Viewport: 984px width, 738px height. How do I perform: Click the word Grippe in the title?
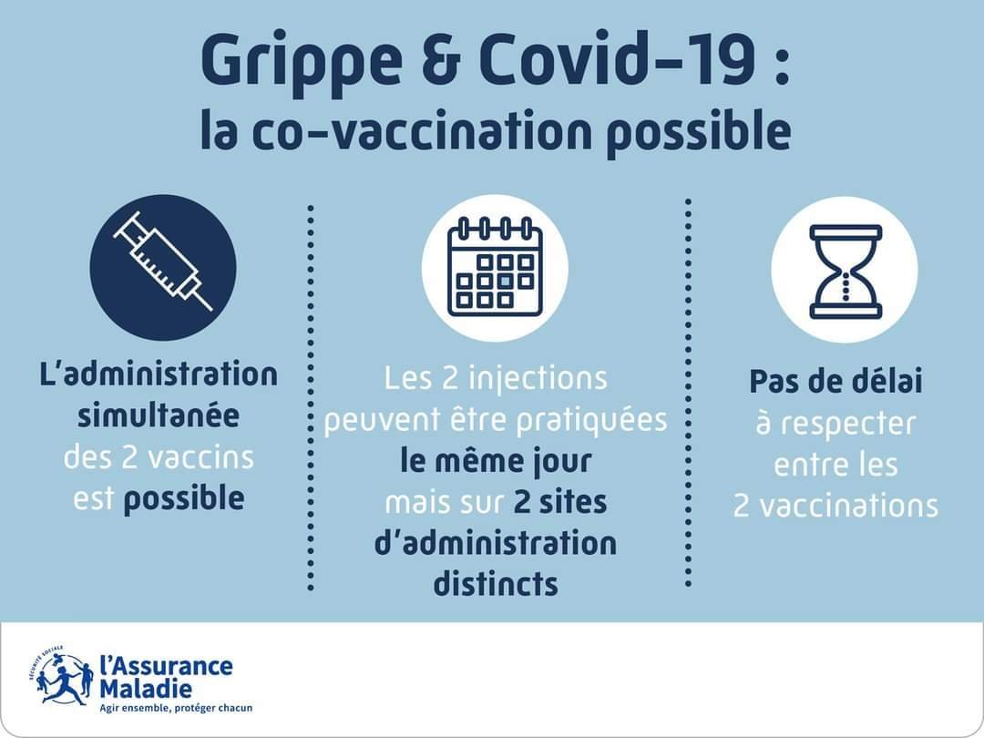[x=302, y=64]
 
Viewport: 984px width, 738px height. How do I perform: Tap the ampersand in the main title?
[x=441, y=59]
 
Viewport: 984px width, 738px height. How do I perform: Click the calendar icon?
[x=495, y=267]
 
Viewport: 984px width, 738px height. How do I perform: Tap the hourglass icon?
[x=845, y=272]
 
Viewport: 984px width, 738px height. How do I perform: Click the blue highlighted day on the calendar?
[x=505, y=281]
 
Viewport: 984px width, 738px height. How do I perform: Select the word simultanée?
[x=159, y=415]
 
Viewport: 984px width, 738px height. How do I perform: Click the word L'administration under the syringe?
[x=159, y=374]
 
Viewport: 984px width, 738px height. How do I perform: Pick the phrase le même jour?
[x=496, y=462]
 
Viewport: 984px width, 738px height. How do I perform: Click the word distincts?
[x=496, y=584]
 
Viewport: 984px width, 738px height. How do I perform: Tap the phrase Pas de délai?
[x=835, y=382]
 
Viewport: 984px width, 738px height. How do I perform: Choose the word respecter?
[x=847, y=425]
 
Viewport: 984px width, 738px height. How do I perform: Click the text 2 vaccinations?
[x=835, y=506]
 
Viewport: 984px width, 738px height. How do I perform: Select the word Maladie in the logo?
[x=146, y=689]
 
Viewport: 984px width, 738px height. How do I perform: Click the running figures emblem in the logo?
[x=61, y=679]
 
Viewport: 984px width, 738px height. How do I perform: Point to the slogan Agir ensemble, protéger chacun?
[x=176, y=708]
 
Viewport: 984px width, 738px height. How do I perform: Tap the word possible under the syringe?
[x=184, y=500]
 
